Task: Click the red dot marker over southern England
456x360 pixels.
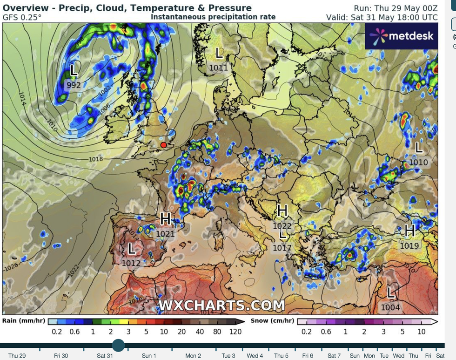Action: click(163, 145)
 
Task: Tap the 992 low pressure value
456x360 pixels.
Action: click(74, 85)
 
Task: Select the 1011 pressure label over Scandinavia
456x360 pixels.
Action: click(219, 68)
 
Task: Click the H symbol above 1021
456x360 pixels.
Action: click(166, 218)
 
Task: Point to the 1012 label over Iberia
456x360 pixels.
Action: click(131, 263)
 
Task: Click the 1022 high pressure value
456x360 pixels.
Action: click(282, 226)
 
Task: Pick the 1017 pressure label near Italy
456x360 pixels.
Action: click(282, 248)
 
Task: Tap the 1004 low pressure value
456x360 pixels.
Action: click(390, 307)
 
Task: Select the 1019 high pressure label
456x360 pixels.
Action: click(409, 245)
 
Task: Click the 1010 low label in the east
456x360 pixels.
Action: click(418, 163)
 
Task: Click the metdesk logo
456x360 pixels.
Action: click(401, 36)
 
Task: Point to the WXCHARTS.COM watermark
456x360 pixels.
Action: click(221, 306)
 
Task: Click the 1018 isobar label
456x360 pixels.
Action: click(96, 159)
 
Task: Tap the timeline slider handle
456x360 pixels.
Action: click(118, 346)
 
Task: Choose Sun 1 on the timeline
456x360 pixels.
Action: click(149, 356)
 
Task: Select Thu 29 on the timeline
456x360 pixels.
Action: click(17, 356)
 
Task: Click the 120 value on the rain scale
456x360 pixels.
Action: click(235, 332)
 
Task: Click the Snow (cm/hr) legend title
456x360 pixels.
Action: click(272, 321)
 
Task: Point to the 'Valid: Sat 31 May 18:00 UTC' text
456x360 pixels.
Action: click(382, 17)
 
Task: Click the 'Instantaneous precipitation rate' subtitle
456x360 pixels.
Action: click(213, 17)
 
